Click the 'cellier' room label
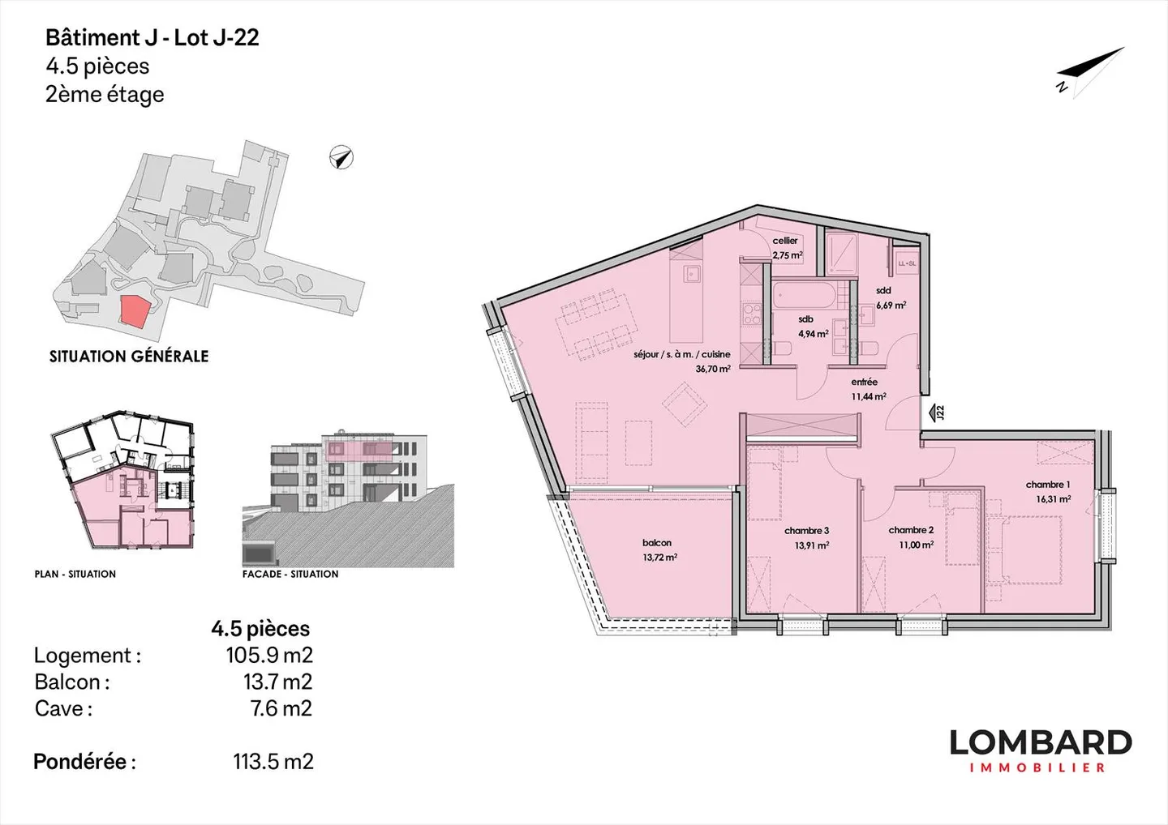coord(784,241)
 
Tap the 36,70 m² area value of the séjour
coord(712,369)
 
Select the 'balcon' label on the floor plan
coord(656,543)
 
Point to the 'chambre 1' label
coord(1047,485)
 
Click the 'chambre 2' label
coord(911,530)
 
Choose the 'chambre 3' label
coord(806,531)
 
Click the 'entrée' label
coord(864,383)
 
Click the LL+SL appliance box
coord(906,263)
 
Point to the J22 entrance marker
coord(938,412)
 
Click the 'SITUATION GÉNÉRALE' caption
coord(129,357)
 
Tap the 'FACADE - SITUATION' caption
coord(290,574)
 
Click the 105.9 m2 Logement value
coord(268,655)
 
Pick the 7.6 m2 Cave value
coord(281,708)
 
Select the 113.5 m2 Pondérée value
coord(273,762)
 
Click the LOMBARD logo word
coord(1040,742)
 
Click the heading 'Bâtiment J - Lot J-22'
coord(152,38)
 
